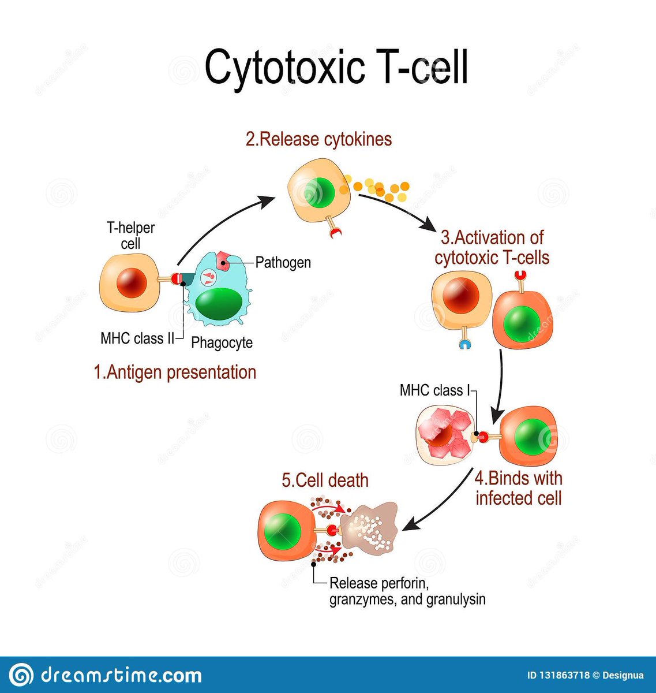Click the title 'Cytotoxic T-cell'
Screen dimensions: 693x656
(x=336, y=67)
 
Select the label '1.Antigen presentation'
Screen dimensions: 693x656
(x=175, y=372)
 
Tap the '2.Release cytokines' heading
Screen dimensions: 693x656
(x=318, y=139)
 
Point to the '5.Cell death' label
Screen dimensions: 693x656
(x=325, y=480)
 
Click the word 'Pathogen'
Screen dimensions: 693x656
(x=283, y=263)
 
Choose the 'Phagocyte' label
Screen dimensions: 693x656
(x=222, y=342)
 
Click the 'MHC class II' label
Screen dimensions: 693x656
(x=137, y=338)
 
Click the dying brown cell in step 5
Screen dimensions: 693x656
(x=369, y=527)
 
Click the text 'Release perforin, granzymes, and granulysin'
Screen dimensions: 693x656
(x=407, y=591)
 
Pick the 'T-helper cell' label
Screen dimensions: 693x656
(x=130, y=236)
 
